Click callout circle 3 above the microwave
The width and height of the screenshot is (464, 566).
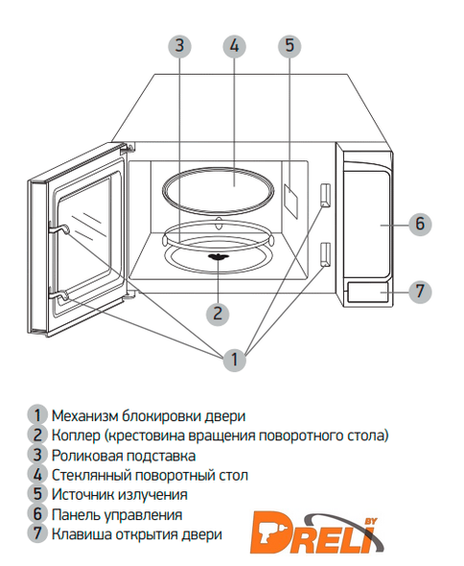pyautogui.click(x=179, y=46)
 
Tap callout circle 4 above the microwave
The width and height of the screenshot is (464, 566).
pyautogui.click(x=234, y=46)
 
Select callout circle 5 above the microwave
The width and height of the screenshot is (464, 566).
pyautogui.click(x=290, y=45)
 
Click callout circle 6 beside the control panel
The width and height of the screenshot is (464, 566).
pyautogui.click(x=420, y=224)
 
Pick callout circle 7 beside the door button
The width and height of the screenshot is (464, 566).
pyautogui.click(x=420, y=291)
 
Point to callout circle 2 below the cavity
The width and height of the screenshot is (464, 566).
pyautogui.click(x=218, y=313)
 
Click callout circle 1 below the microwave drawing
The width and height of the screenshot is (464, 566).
pyautogui.click(x=235, y=360)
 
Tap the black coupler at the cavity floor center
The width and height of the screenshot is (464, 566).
pyautogui.click(x=218, y=257)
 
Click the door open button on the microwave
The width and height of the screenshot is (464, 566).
pyautogui.click(x=367, y=292)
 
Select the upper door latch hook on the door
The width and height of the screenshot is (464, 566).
pyautogui.click(x=58, y=228)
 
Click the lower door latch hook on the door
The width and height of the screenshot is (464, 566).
pyautogui.click(x=58, y=295)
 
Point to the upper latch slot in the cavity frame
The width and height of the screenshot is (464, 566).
pyautogui.click(x=325, y=196)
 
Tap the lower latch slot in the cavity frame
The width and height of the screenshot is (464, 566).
pyautogui.click(x=325, y=254)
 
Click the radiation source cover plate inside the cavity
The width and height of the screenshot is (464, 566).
pyautogui.click(x=290, y=201)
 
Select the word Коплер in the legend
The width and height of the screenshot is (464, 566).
pyautogui.click(x=76, y=436)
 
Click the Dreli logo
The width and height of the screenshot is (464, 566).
pyautogui.click(x=315, y=532)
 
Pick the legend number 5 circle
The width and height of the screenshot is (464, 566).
pyautogui.click(x=37, y=494)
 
